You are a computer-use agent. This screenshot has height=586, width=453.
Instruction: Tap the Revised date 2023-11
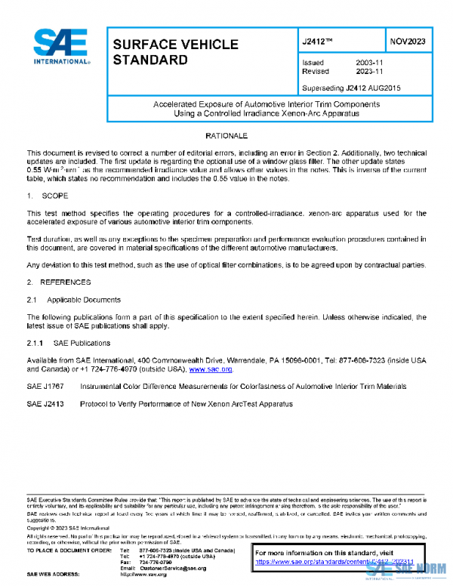click(368, 72)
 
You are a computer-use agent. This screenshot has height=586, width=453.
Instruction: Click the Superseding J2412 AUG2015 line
click(351, 88)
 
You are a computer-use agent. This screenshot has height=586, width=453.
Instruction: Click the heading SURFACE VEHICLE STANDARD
click(175, 51)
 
